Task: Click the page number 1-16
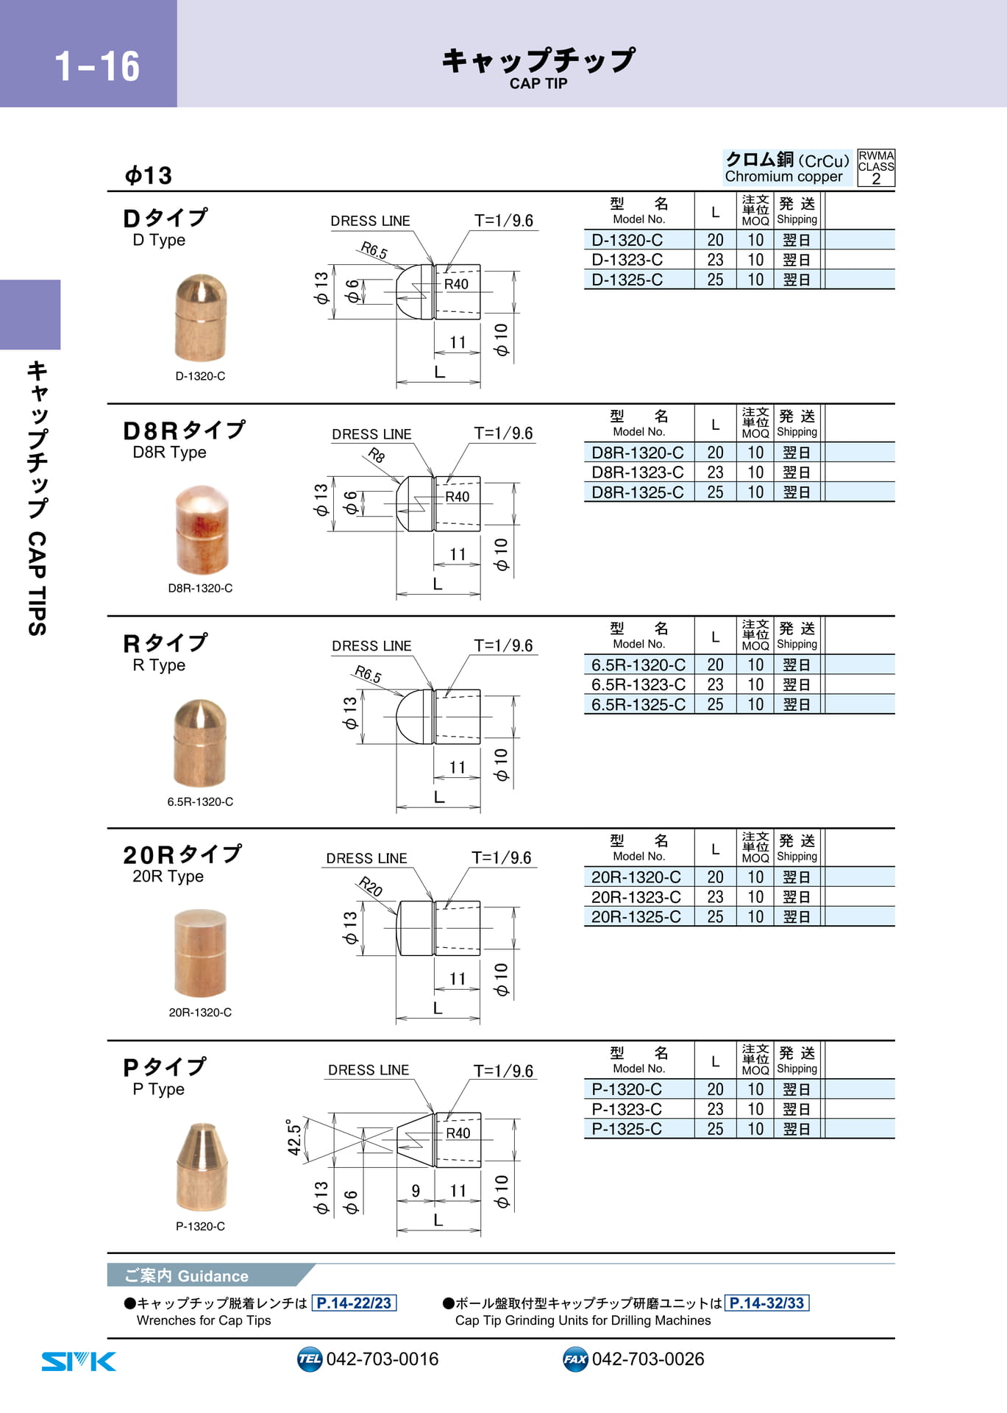[x=97, y=66]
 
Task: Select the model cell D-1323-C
[x=627, y=260]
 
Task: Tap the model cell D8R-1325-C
[x=638, y=492]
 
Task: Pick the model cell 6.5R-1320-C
[x=638, y=665]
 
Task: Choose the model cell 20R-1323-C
[x=636, y=897]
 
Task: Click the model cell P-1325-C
[x=627, y=1129]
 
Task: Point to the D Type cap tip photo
[x=201, y=318]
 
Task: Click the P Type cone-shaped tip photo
[x=202, y=1166]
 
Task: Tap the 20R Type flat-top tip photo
[x=200, y=953]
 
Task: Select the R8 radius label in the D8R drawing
[x=377, y=455]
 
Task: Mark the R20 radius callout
[x=370, y=887]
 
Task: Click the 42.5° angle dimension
[x=294, y=1137]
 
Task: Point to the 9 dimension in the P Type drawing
[x=416, y=1191]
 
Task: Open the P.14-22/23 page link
[x=355, y=1303]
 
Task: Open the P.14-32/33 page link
[x=766, y=1303]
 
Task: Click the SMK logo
[x=79, y=1361]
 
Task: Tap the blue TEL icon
[x=310, y=1359]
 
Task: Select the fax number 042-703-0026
[x=648, y=1359]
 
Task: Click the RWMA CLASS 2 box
[x=876, y=168]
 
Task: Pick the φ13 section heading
[x=149, y=175]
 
